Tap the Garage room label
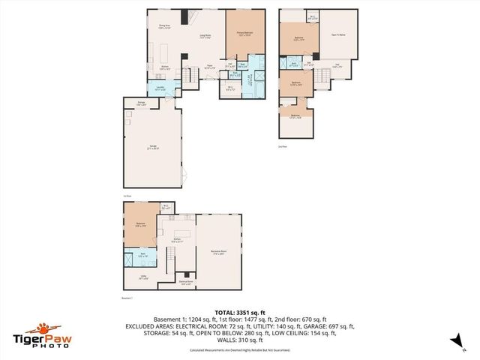point(154,148)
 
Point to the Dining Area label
point(163,27)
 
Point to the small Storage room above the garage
point(141,103)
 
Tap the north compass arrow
point(454,340)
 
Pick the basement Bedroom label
point(140,223)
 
